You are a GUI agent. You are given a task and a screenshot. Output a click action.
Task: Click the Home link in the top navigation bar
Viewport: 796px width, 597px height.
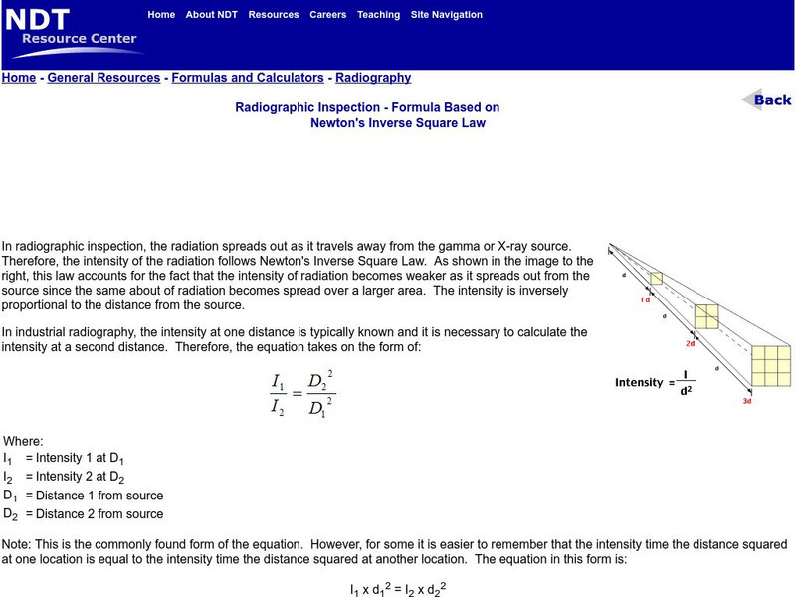pos(161,15)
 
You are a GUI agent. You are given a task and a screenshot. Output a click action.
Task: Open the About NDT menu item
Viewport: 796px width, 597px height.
pos(212,15)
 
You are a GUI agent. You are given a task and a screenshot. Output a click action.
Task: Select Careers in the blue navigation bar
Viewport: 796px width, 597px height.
pos(328,15)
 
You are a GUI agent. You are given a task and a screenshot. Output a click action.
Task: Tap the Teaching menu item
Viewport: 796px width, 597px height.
pos(378,15)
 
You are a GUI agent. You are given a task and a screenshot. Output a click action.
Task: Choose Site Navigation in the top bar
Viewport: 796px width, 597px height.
pos(447,15)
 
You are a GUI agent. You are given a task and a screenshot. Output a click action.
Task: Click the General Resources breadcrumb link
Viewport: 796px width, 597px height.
pos(103,78)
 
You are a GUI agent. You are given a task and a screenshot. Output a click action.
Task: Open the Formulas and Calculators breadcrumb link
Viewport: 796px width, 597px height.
pos(248,78)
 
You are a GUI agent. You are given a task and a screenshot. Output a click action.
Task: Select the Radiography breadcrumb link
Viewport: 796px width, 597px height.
pos(373,78)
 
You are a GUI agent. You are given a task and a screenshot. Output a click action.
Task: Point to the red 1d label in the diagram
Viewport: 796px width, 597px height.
pos(645,299)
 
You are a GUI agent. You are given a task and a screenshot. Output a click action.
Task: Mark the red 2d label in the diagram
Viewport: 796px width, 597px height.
pos(689,343)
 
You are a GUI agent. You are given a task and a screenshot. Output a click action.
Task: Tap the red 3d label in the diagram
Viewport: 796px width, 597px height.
pos(746,401)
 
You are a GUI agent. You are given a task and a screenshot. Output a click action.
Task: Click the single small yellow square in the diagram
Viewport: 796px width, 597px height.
pos(656,278)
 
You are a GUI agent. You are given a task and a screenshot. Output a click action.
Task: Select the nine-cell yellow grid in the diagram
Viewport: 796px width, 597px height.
pos(771,365)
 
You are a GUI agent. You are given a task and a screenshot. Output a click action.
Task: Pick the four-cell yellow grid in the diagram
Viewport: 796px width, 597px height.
pos(705,314)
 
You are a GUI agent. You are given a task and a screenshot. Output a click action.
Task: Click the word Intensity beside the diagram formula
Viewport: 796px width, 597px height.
pos(638,382)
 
